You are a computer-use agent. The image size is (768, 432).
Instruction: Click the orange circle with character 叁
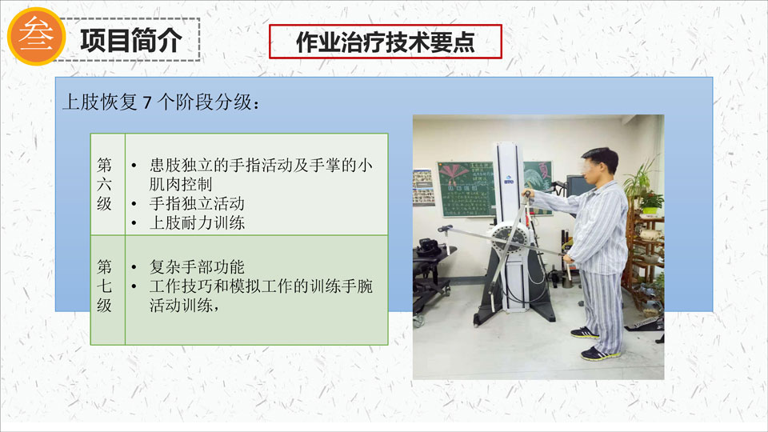pos(37,36)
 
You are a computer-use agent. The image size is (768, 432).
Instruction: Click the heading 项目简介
pos(131,40)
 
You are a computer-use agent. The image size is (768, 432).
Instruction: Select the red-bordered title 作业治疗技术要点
pos(386,42)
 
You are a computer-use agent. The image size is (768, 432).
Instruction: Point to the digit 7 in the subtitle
pos(147,102)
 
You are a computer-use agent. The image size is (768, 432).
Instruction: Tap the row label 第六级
pos(104,184)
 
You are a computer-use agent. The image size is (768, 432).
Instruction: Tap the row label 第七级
pos(104,286)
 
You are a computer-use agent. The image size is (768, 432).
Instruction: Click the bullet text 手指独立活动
pos(197,203)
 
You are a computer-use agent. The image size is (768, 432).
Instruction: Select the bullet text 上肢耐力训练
pos(197,223)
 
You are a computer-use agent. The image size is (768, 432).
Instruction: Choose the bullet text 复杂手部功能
pos(197,267)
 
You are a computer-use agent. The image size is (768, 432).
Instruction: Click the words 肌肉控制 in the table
pos(181,184)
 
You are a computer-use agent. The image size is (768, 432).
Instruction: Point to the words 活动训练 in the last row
pos(181,305)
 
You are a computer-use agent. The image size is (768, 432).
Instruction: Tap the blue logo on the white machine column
pos(509,180)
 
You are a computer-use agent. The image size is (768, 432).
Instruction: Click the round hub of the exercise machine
pos(510,239)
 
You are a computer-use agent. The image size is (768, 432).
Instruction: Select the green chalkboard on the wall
pos(466,189)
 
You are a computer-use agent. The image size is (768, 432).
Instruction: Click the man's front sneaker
pos(600,354)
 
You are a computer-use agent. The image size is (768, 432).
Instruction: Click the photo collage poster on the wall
pos(422,187)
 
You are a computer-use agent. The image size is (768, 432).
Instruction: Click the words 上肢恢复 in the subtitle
pos(100,102)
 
